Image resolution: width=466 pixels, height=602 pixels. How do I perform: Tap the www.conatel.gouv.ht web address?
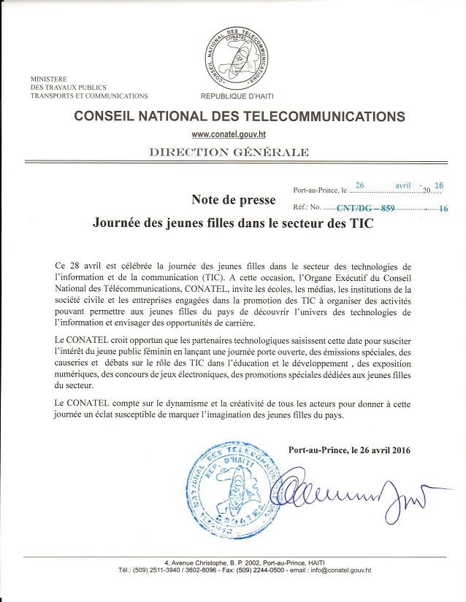tap(229, 134)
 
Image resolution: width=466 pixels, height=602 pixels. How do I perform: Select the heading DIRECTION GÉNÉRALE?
tap(229, 153)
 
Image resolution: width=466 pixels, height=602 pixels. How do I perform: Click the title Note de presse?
tap(233, 199)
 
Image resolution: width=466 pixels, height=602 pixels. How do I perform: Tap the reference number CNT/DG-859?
tap(365, 208)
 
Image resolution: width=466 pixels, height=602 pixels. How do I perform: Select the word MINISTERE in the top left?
tap(49, 78)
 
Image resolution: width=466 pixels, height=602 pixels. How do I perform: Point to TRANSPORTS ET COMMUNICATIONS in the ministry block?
tap(88, 96)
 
